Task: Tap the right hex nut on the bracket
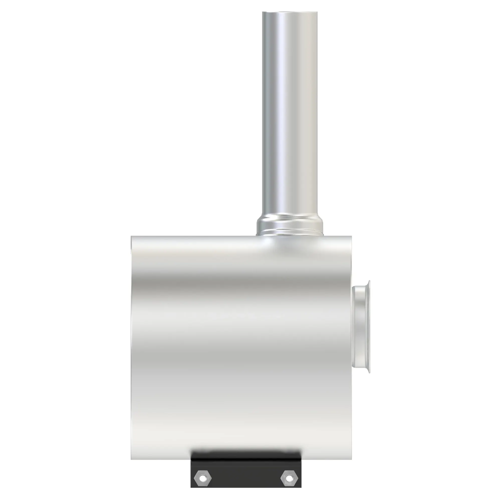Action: (289, 463)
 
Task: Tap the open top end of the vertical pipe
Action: (290, 13)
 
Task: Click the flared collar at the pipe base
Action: (290, 223)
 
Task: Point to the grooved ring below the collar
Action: (290, 231)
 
